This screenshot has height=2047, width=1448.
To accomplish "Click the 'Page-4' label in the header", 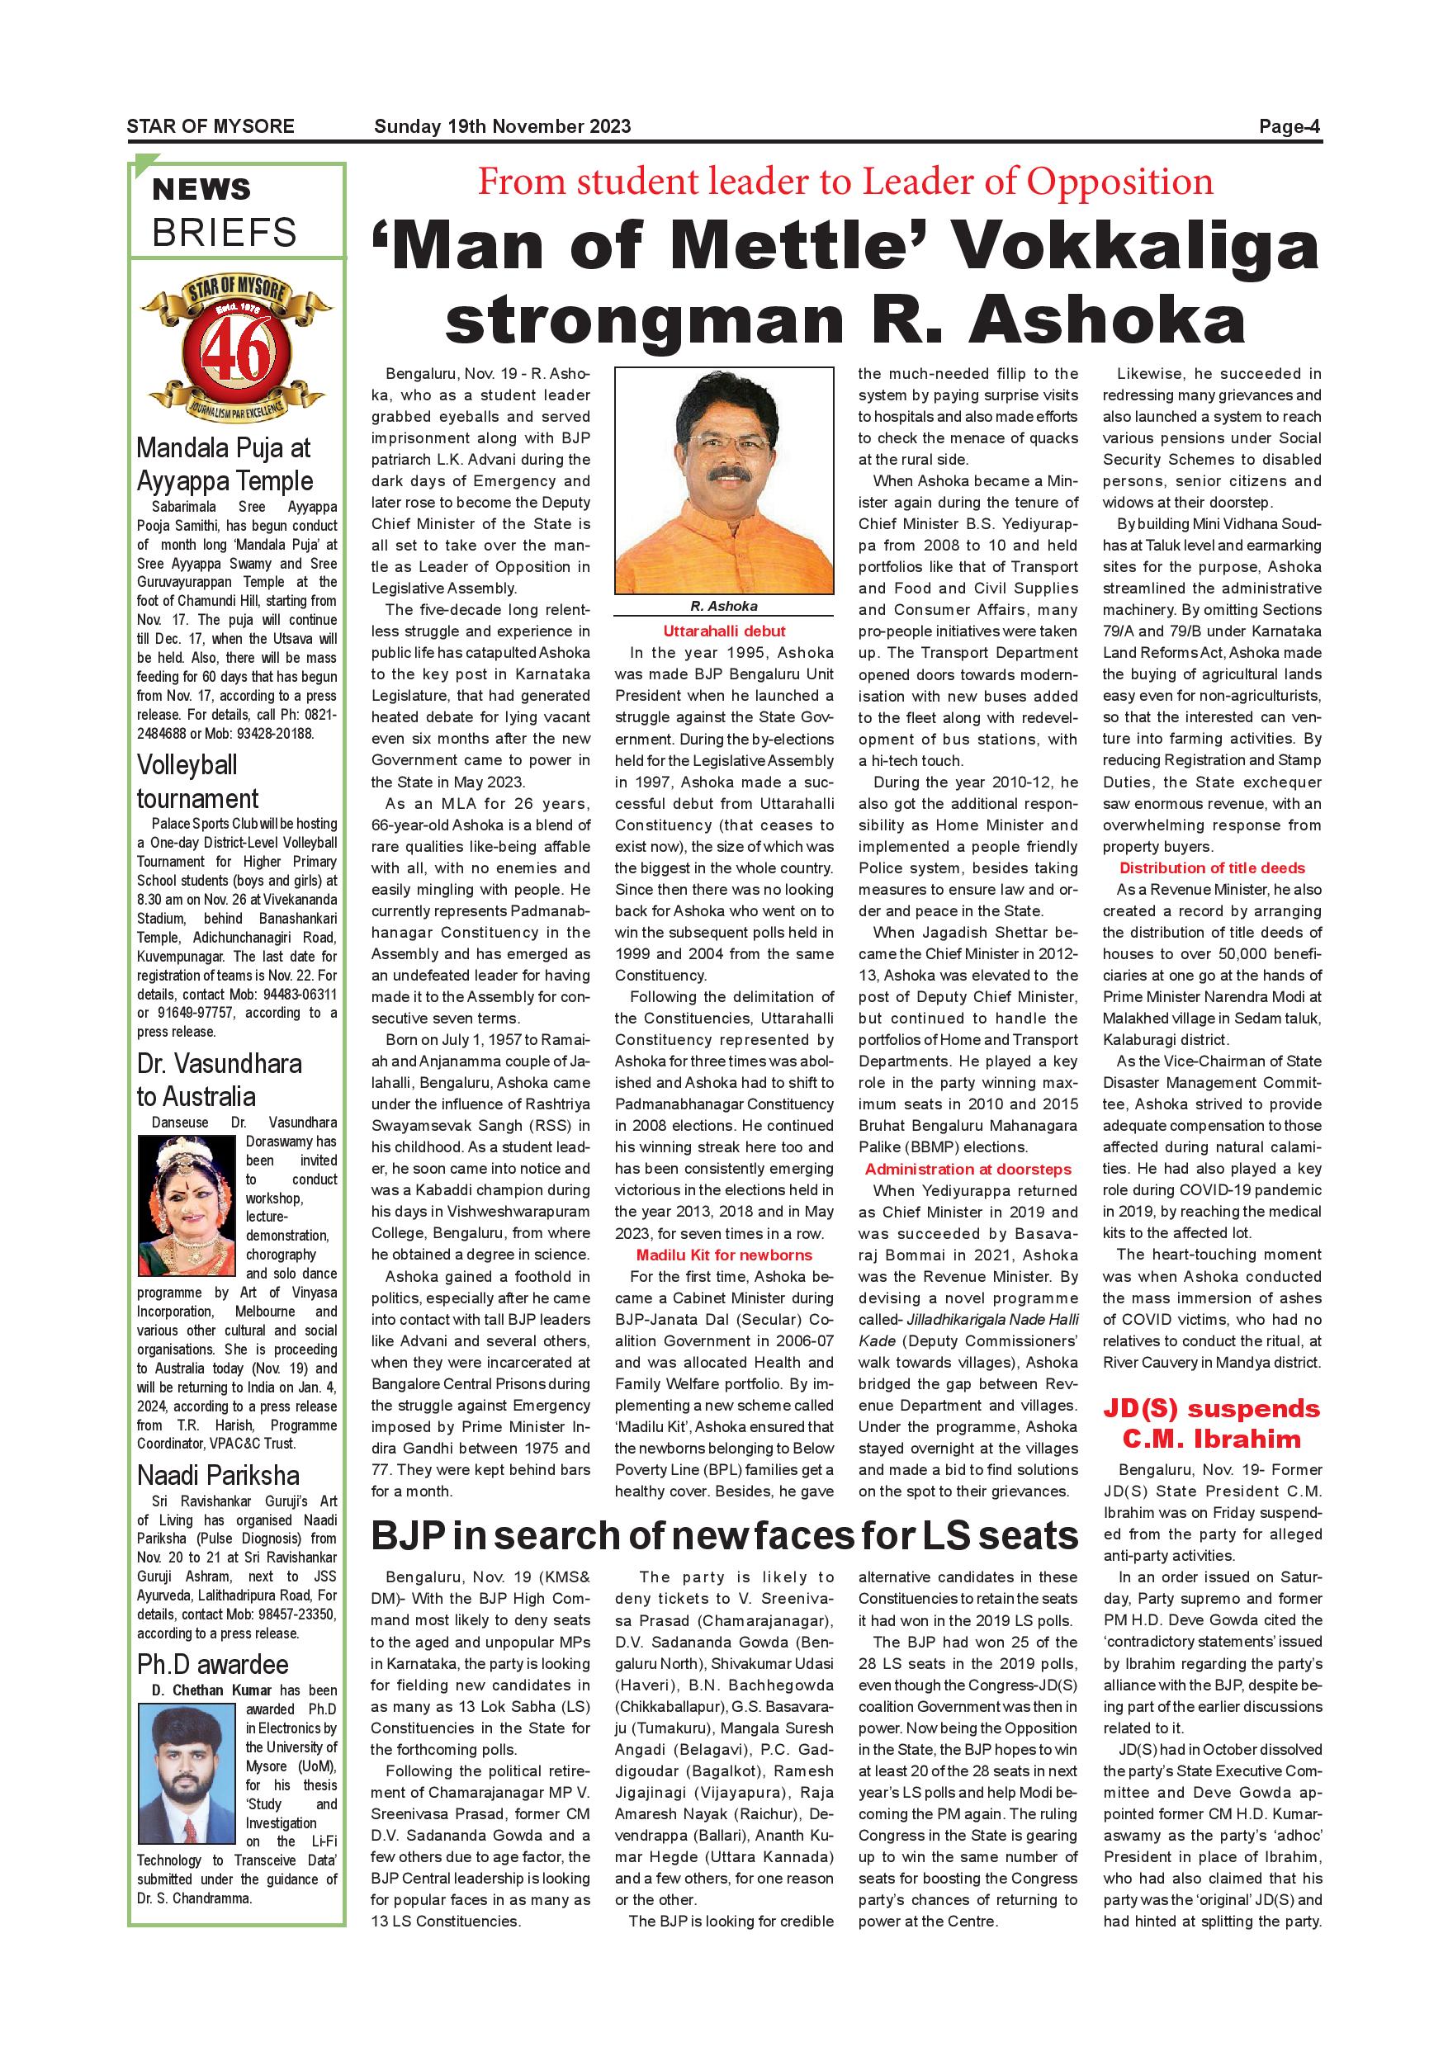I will [x=1289, y=126].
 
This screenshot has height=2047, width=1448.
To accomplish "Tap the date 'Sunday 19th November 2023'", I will [x=502, y=126].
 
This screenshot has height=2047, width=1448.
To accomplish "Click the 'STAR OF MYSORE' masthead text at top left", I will [x=211, y=126].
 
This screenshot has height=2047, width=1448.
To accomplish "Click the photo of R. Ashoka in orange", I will [x=724, y=480].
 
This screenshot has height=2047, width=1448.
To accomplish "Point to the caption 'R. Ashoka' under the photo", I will [x=724, y=606].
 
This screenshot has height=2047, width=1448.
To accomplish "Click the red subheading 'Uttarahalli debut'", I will [x=724, y=631].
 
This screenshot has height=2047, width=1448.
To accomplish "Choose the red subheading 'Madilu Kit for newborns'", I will [x=724, y=1255].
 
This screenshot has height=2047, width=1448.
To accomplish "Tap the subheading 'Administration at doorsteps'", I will [x=968, y=1169].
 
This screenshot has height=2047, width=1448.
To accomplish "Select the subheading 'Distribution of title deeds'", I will [x=1212, y=868].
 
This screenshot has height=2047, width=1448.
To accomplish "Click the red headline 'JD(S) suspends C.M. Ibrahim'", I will [x=1212, y=1424].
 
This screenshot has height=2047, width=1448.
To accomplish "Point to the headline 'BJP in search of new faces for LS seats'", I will [x=724, y=1536].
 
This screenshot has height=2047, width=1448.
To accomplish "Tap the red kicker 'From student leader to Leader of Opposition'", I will [x=845, y=182].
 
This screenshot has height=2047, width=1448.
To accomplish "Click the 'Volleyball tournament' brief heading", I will [x=198, y=782].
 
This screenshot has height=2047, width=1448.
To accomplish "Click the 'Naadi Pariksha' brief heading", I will [x=218, y=1476].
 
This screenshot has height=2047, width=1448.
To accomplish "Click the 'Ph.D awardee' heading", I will [x=212, y=1665].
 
